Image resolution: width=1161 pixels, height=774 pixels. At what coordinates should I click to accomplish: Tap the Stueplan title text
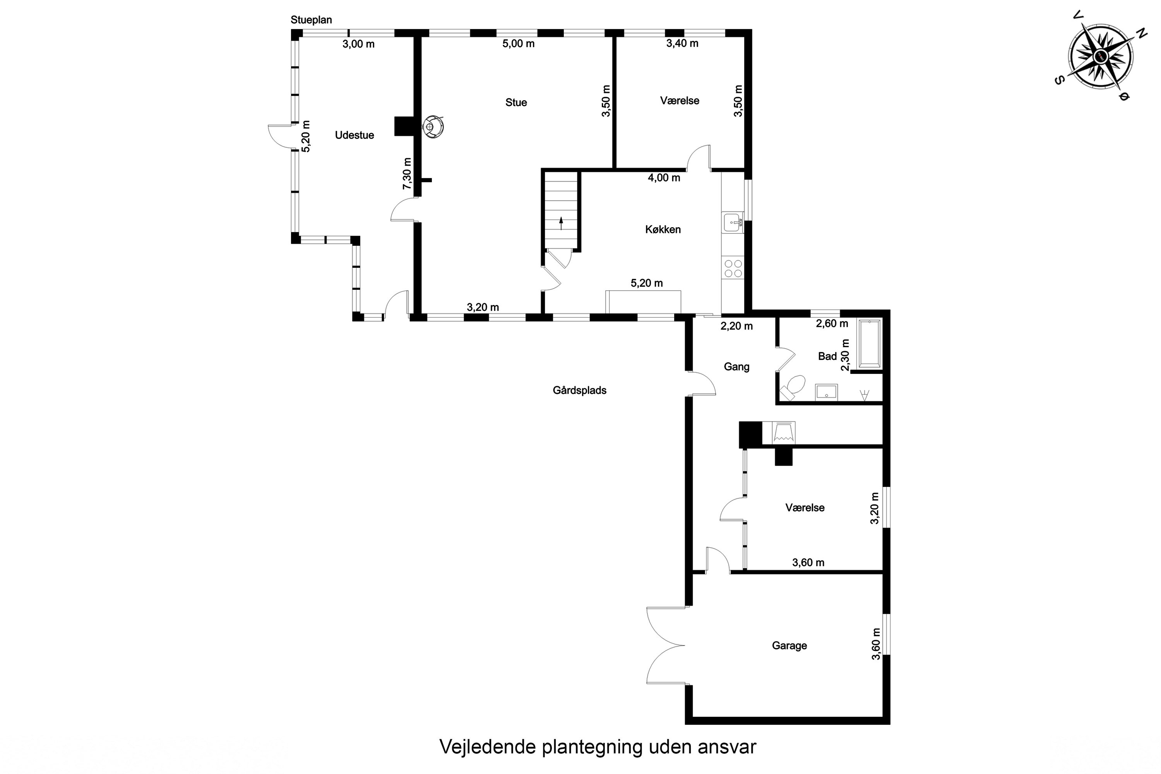[x=311, y=20]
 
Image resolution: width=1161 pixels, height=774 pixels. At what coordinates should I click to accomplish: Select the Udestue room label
[x=354, y=135]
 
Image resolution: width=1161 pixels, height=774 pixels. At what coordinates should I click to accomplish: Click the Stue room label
[x=516, y=103]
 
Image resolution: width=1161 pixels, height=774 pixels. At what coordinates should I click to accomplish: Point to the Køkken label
[x=663, y=229]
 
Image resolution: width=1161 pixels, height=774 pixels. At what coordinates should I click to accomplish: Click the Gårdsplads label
[x=579, y=390]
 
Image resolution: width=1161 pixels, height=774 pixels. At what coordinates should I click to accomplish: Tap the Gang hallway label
[x=736, y=367]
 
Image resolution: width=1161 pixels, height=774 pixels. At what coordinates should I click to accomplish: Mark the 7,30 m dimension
[x=407, y=173]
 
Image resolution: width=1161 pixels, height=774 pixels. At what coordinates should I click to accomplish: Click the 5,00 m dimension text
[x=518, y=43]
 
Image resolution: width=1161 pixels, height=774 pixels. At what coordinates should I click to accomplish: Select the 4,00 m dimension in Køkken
[x=664, y=178]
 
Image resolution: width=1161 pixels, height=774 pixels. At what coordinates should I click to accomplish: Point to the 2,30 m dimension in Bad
[x=845, y=354]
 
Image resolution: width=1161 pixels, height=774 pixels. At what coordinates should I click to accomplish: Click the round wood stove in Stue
[x=432, y=127]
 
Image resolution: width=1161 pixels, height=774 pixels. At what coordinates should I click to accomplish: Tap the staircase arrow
[x=561, y=223]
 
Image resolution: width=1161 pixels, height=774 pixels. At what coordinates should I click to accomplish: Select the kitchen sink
[x=733, y=223]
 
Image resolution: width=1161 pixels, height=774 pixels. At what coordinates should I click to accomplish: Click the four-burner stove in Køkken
[x=733, y=267]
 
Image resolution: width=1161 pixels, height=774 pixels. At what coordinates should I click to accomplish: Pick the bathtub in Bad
[x=869, y=344]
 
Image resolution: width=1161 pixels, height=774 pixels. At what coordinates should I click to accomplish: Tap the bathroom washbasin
[x=826, y=391]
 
